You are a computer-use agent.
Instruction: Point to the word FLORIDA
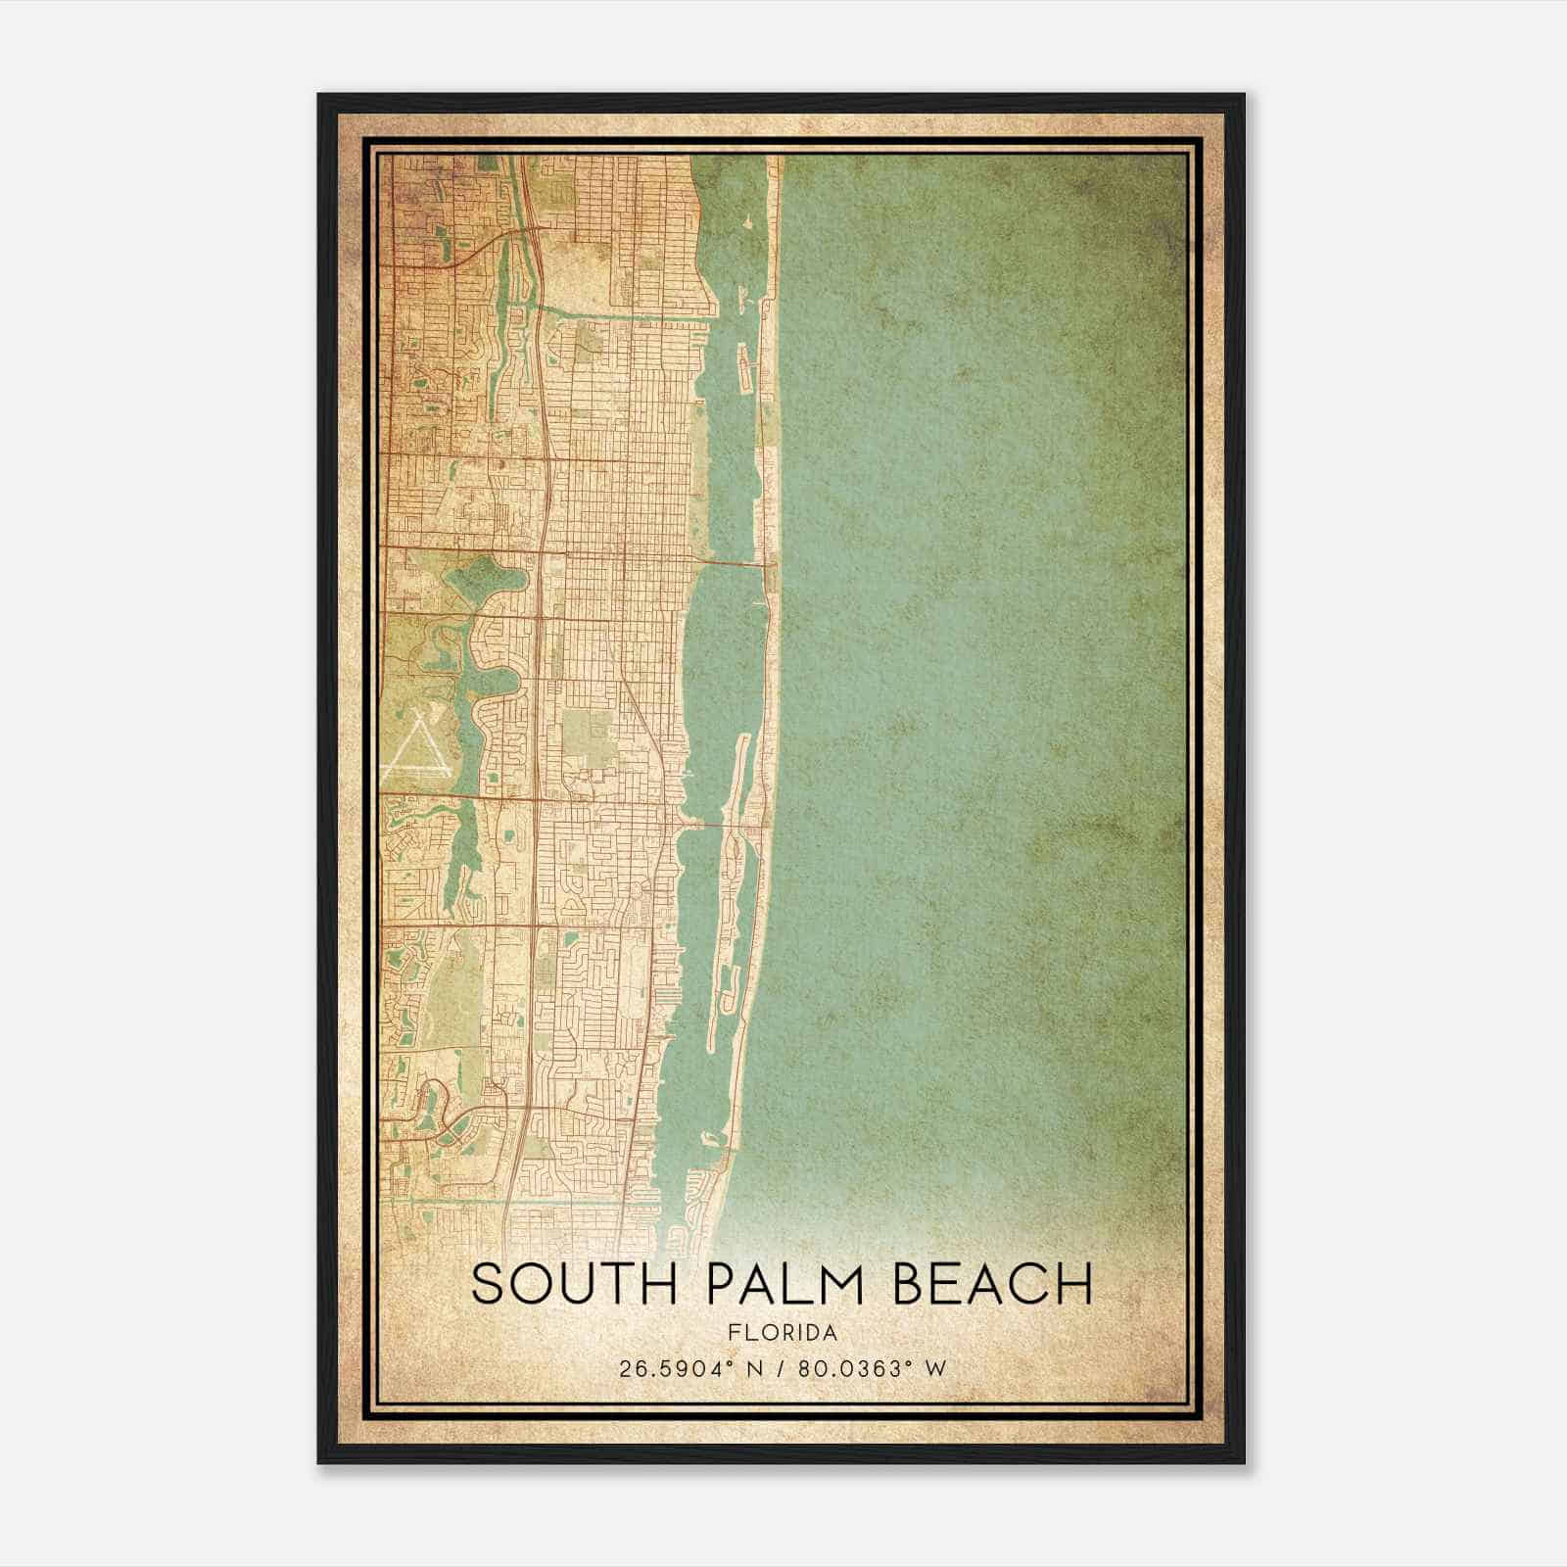coord(783,1333)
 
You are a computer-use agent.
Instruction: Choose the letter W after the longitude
coord(937,1368)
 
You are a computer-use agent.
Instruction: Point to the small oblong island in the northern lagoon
coord(741,372)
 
